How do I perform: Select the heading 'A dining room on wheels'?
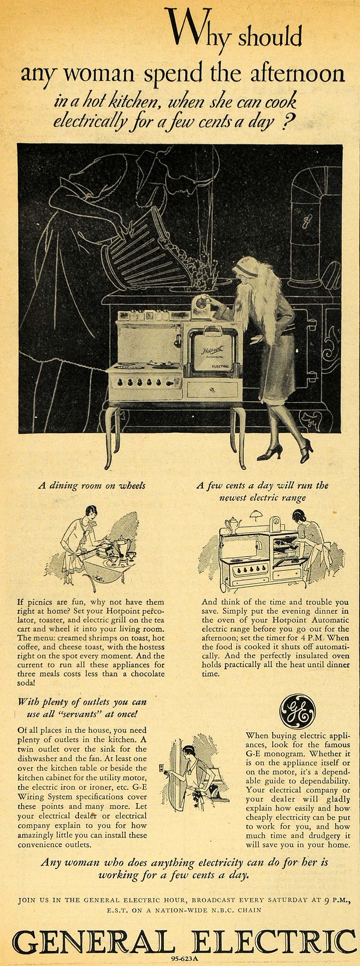pos(91,486)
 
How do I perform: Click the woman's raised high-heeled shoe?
pos(306,446)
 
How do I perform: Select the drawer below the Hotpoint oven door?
pos(212,390)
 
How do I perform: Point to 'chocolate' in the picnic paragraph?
pos(145,674)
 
